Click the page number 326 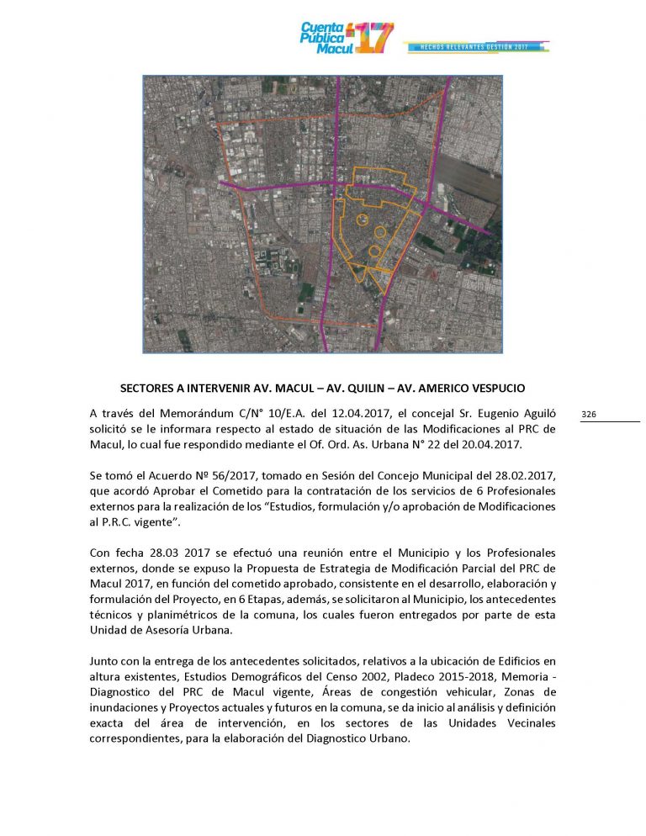[589, 415]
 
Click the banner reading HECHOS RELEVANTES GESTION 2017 [475, 47]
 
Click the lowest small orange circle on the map [374, 251]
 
